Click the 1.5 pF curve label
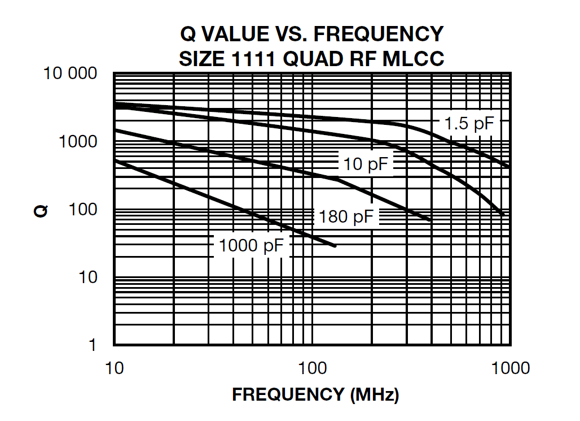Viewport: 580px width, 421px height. click(x=469, y=124)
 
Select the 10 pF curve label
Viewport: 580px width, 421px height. click(x=367, y=164)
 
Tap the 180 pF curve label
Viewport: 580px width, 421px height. click(x=346, y=216)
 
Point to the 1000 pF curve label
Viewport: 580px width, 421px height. click(x=252, y=246)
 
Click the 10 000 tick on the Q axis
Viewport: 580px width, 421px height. click(x=70, y=74)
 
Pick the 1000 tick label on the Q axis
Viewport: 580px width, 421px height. click(x=78, y=142)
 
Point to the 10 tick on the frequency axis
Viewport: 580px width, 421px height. click(x=115, y=368)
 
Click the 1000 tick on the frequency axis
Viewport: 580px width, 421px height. click(x=510, y=368)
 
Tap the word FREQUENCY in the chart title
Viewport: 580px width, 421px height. click(x=378, y=34)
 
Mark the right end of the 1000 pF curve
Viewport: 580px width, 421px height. click(x=335, y=246)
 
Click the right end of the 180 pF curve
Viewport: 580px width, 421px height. click(x=430, y=219)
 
